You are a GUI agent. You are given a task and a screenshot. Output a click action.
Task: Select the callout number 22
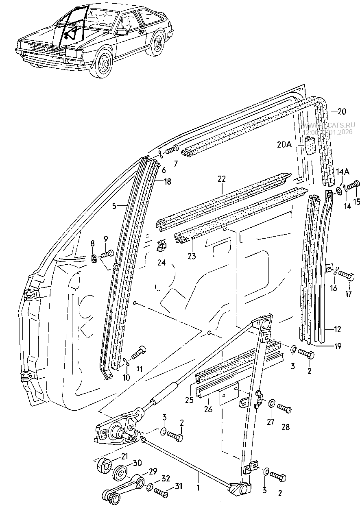(x=221, y=178)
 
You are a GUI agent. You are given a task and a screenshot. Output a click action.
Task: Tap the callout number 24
(x=161, y=263)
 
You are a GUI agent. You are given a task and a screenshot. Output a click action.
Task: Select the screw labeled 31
(x=162, y=493)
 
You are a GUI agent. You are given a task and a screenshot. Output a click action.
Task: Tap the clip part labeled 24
(x=163, y=246)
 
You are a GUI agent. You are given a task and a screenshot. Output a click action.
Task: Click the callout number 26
(x=208, y=409)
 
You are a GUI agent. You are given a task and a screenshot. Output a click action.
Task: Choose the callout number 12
(x=337, y=329)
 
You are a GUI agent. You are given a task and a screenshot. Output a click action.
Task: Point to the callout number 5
(x=115, y=206)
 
